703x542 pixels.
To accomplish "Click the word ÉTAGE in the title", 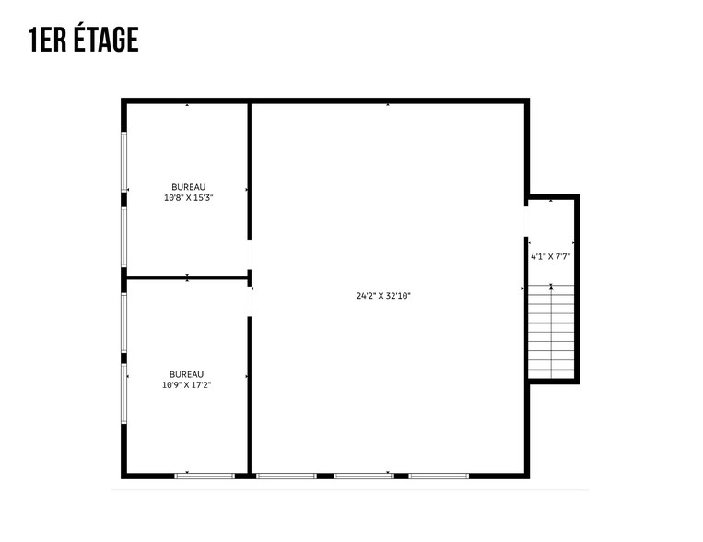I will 102,40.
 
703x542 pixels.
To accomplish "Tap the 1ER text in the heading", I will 45,40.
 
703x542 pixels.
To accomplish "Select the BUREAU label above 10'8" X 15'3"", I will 188,187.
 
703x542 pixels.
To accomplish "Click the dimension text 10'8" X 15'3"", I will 188,197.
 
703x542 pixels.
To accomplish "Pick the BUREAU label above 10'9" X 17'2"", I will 186,374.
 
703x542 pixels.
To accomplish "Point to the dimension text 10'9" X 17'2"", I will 186,384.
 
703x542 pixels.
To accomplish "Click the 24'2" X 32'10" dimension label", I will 382,296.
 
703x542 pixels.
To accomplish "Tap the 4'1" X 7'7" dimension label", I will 552,256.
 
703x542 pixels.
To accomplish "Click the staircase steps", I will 551,332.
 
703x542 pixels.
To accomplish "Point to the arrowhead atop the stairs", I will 551,288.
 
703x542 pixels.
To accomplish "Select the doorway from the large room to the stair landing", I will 526,222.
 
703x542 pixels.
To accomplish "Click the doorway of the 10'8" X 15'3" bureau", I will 249,254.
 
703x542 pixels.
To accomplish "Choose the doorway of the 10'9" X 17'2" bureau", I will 249,301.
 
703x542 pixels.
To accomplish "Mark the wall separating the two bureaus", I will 187,277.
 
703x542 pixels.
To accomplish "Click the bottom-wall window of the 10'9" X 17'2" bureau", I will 205,476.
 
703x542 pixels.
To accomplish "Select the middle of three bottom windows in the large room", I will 363,476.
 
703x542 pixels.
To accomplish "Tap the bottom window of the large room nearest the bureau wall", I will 286,476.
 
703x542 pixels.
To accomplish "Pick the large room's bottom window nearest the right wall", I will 439,476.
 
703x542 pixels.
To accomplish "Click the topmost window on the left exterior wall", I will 123,162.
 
